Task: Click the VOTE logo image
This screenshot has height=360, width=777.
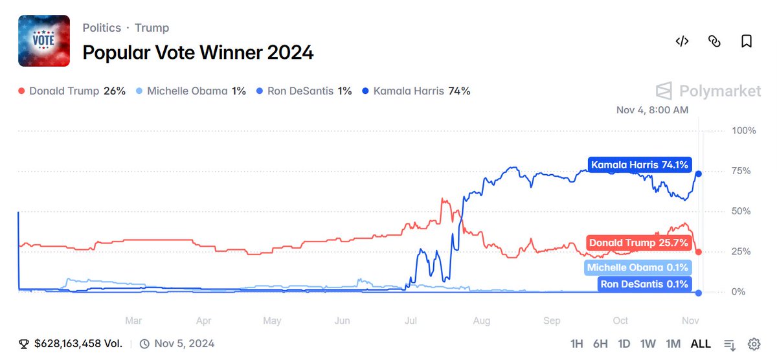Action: pyautogui.click(x=44, y=41)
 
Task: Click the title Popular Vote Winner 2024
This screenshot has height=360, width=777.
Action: pyautogui.click(x=198, y=52)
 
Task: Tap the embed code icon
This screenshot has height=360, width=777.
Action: pyautogui.click(x=682, y=41)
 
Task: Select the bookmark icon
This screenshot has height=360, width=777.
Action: pyautogui.click(x=747, y=41)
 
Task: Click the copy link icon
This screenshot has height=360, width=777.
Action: pyautogui.click(x=714, y=41)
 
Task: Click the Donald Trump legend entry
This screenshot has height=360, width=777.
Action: pyautogui.click(x=72, y=91)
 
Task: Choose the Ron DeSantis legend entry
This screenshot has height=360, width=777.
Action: pyautogui.click(x=304, y=91)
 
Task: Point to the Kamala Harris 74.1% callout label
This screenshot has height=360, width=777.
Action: pyautogui.click(x=640, y=164)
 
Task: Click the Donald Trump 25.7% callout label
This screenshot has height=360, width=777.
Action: pyautogui.click(x=638, y=243)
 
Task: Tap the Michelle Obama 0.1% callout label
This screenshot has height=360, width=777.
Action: pyautogui.click(x=638, y=268)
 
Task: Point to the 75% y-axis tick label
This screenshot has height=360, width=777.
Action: pyautogui.click(x=741, y=171)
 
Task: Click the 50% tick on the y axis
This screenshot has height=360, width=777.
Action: pyautogui.click(x=741, y=211)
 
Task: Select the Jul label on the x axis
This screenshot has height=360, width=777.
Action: pyautogui.click(x=411, y=321)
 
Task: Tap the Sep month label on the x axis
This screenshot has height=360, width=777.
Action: pyautogui.click(x=552, y=321)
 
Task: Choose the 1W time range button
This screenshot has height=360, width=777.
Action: pyautogui.click(x=647, y=344)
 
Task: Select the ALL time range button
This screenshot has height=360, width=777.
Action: pyautogui.click(x=701, y=344)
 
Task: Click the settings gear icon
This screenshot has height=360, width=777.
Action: pyautogui.click(x=754, y=344)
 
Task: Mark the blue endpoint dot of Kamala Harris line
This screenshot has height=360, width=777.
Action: pyautogui.click(x=699, y=174)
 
